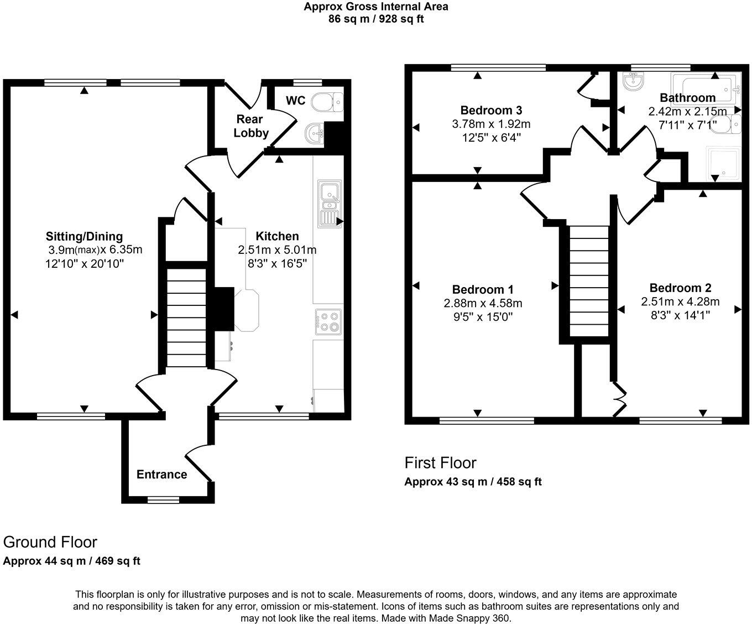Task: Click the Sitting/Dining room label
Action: (84, 236)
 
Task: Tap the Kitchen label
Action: (277, 236)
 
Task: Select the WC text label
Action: (295, 101)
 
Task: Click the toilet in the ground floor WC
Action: (327, 102)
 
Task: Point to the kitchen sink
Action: (330, 203)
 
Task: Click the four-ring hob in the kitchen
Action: (328, 322)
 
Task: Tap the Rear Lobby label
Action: (251, 126)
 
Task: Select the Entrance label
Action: (161, 474)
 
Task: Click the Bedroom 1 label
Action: (483, 289)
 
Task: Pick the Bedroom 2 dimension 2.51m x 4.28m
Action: (680, 301)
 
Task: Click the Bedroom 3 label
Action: (491, 110)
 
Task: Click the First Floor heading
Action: (440, 462)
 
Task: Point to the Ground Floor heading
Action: (50, 542)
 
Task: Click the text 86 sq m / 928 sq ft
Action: (376, 19)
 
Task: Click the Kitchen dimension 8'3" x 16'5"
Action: (277, 263)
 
